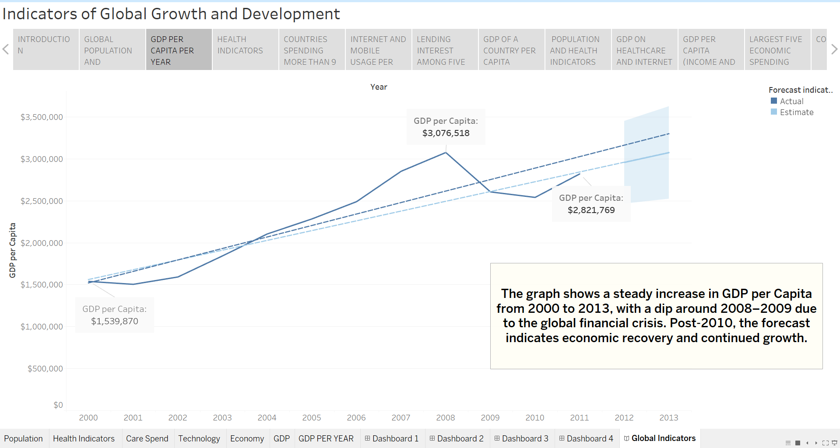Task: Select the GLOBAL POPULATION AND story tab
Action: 112,49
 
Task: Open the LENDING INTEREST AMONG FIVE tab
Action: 445,49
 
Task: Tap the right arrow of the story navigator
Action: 834,49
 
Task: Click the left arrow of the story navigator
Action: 6,49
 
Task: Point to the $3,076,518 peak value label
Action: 446,133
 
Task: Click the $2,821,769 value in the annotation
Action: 591,210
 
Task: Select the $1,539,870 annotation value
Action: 114,321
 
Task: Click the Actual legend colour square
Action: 774,101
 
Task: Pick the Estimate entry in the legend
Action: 792,112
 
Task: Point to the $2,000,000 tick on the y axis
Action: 42,243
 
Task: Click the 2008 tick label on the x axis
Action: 446,417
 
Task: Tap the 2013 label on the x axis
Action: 669,417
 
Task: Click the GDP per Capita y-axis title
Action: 12,250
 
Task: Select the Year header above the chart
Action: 379,87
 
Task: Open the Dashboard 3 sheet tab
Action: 521,438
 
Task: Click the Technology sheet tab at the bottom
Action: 199,438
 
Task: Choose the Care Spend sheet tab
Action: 147,438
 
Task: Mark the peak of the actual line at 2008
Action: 446,152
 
